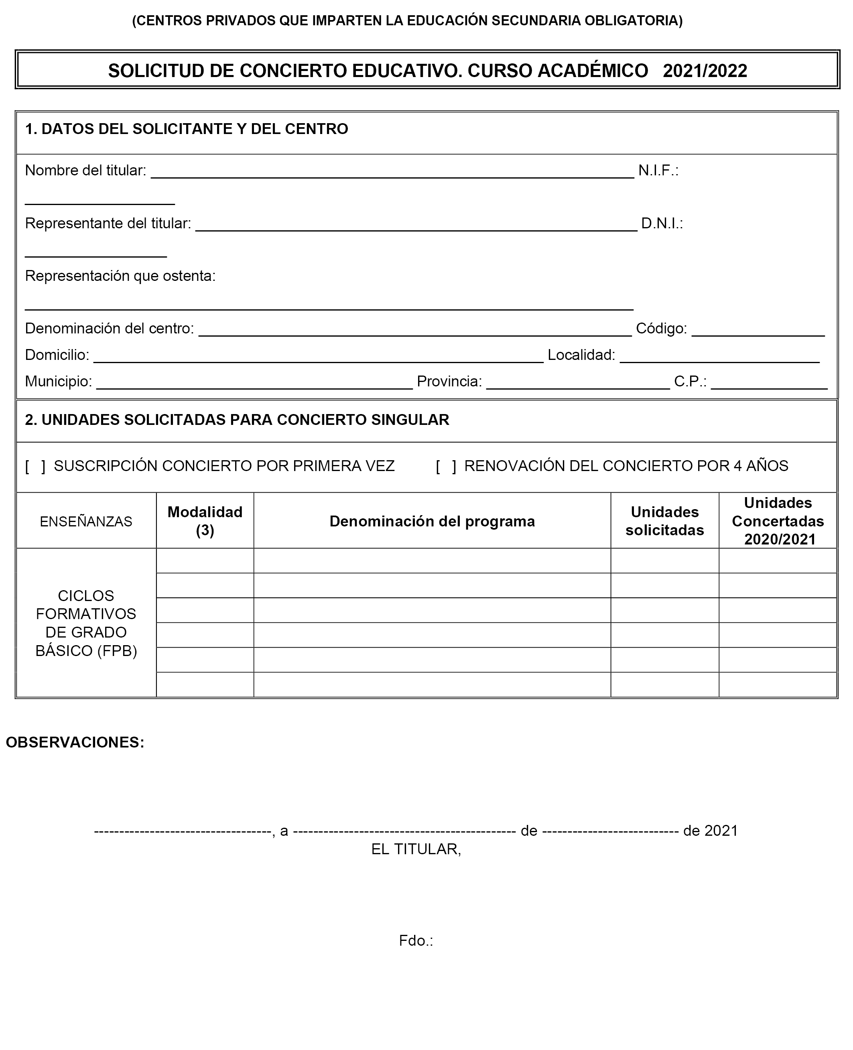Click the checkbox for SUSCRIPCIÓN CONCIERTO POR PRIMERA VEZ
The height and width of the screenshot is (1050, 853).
[35, 466]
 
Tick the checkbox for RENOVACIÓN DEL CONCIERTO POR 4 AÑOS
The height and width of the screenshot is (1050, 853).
[446, 466]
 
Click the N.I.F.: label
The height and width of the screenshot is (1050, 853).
[658, 171]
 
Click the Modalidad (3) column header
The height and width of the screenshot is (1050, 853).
[205, 521]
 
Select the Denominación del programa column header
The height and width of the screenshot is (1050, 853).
[432, 521]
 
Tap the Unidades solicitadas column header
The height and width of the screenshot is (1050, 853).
[664, 521]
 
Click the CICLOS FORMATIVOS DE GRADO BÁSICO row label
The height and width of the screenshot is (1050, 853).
[86, 623]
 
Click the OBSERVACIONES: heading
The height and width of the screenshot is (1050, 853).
[75, 742]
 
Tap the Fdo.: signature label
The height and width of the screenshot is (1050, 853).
[416, 940]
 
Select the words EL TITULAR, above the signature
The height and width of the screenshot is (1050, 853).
[416, 849]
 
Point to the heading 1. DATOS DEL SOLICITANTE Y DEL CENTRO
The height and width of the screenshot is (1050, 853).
[186, 129]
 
